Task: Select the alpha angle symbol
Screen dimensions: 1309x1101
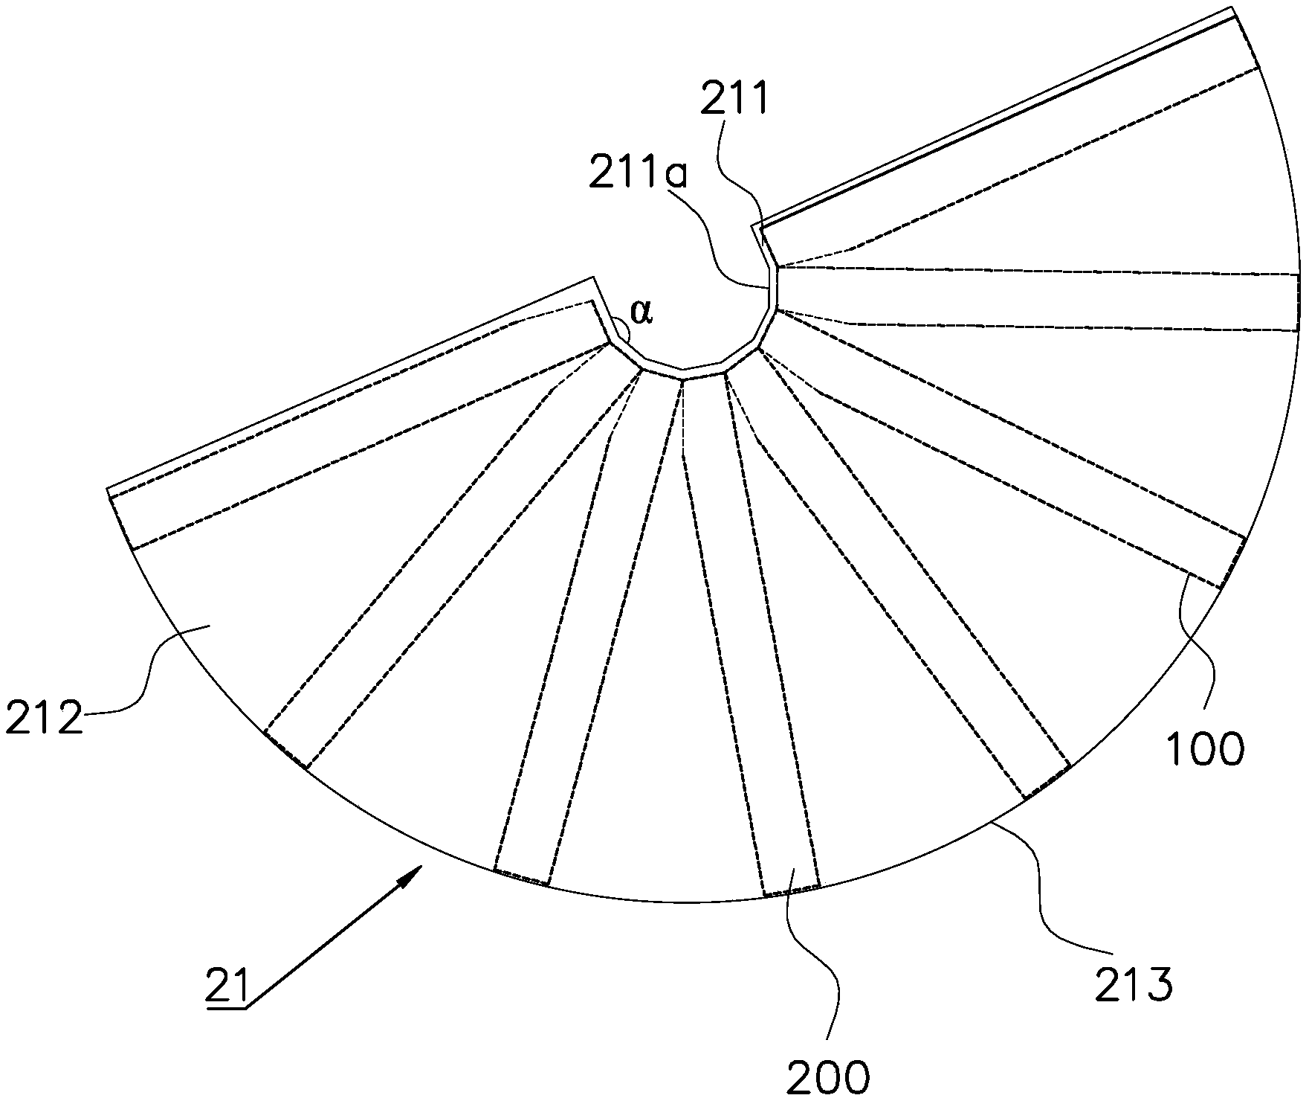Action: pos(641,313)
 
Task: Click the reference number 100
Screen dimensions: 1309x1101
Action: pos(1204,750)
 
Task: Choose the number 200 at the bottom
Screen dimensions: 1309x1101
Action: pos(827,1076)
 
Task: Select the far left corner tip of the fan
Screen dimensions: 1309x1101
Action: pos(108,489)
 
